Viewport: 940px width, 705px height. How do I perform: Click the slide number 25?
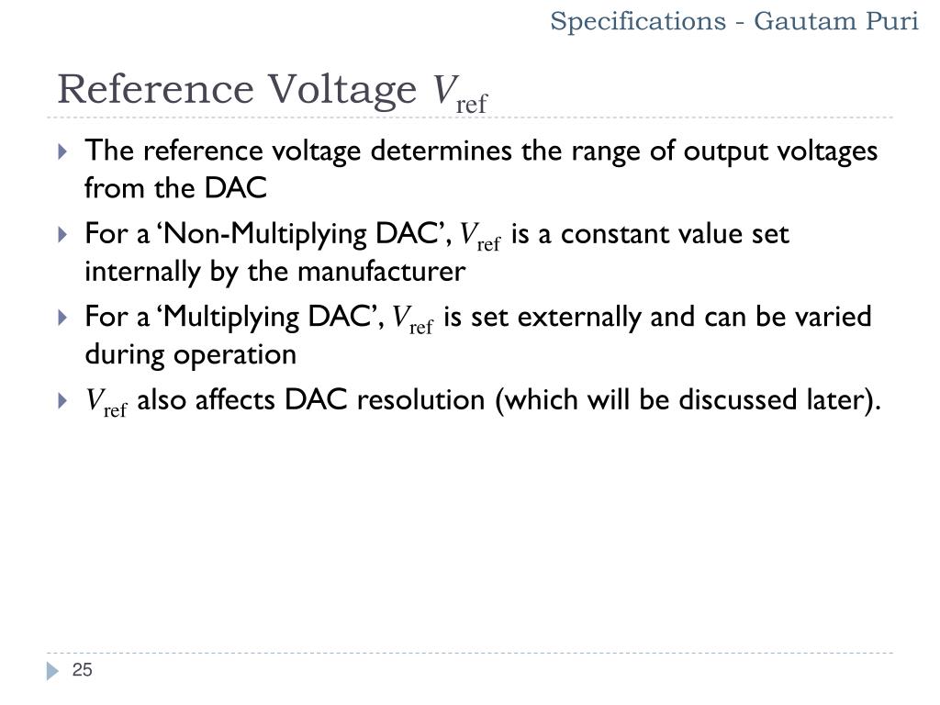pyautogui.click(x=83, y=671)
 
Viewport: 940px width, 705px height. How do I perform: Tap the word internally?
pyautogui.click(x=137, y=273)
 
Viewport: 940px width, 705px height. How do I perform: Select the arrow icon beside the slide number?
pyautogui.click(x=52, y=672)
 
